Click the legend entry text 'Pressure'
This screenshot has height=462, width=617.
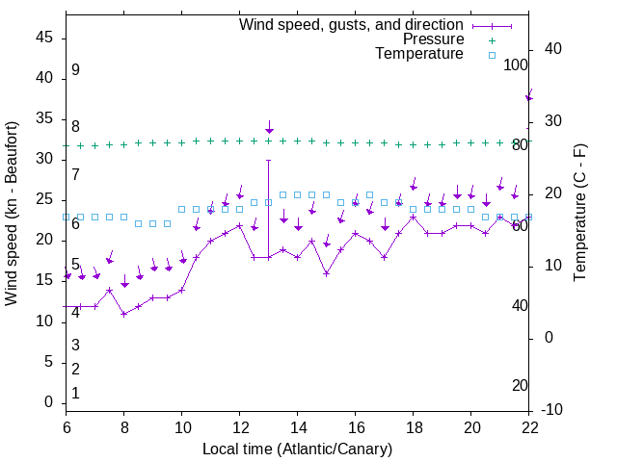[433, 39]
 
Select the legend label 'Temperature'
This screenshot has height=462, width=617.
[419, 54]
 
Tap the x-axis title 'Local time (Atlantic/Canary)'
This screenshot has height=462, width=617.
[297, 449]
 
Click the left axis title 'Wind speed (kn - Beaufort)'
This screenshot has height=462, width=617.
[12, 214]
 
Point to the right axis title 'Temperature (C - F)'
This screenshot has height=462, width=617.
[579, 214]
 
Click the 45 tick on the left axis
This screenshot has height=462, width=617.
[44, 38]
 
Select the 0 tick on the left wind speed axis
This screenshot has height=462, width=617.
[49, 402]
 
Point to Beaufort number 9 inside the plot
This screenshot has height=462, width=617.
[75, 70]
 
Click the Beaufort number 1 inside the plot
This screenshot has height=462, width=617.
[75, 394]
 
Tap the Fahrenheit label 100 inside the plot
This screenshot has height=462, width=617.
[516, 64]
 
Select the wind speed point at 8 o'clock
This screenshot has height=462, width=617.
[124, 314]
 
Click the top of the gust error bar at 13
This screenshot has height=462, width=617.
[269, 160]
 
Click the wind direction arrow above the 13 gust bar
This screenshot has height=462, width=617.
[269, 129]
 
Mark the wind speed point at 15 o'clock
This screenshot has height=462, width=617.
[327, 273]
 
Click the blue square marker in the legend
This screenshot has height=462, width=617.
[492, 55]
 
